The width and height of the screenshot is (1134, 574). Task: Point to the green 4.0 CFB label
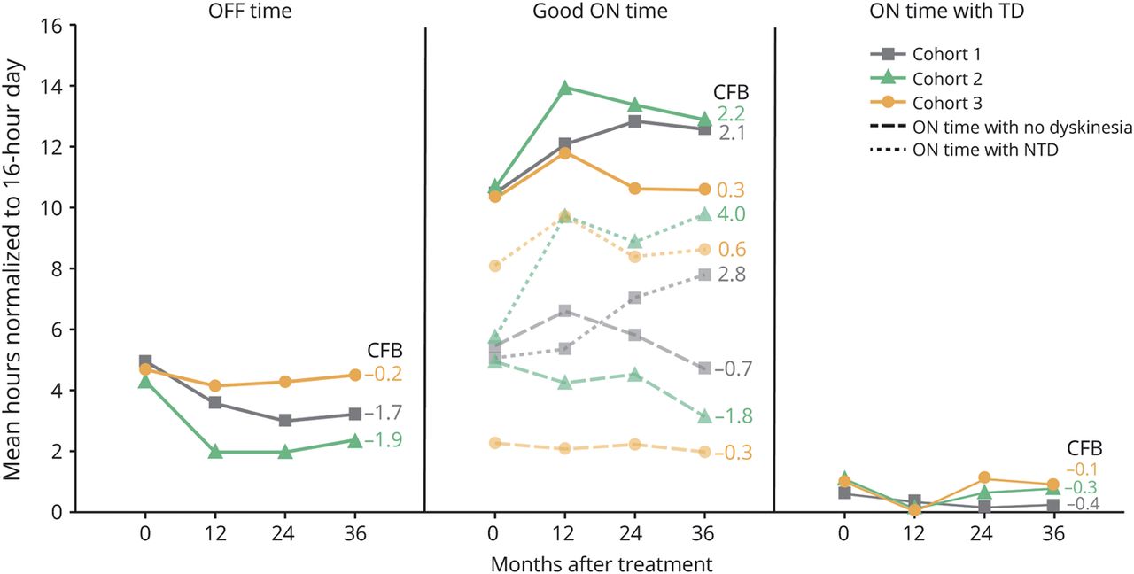pos(731,214)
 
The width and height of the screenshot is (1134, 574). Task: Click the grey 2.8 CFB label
pos(731,274)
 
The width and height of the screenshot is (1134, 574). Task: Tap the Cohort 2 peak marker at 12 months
pos(565,88)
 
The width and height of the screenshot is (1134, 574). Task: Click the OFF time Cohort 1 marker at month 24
pos(283,421)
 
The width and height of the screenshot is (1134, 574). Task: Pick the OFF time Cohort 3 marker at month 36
pos(354,375)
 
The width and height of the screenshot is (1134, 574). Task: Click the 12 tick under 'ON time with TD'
pos(913,534)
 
